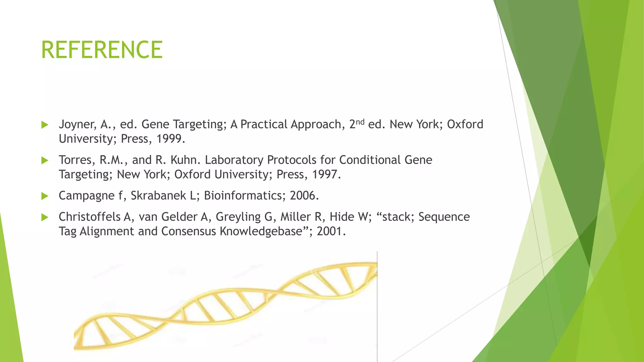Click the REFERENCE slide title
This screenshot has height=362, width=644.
click(102, 50)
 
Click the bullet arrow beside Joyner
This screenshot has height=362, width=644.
click(45, 125)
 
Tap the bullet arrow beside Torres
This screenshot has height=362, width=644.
click(45, 161)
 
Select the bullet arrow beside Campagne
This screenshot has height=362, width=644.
click(45, 196)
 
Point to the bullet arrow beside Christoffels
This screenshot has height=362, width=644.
click(45, 217)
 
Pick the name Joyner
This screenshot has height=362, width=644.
click(78, 124)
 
